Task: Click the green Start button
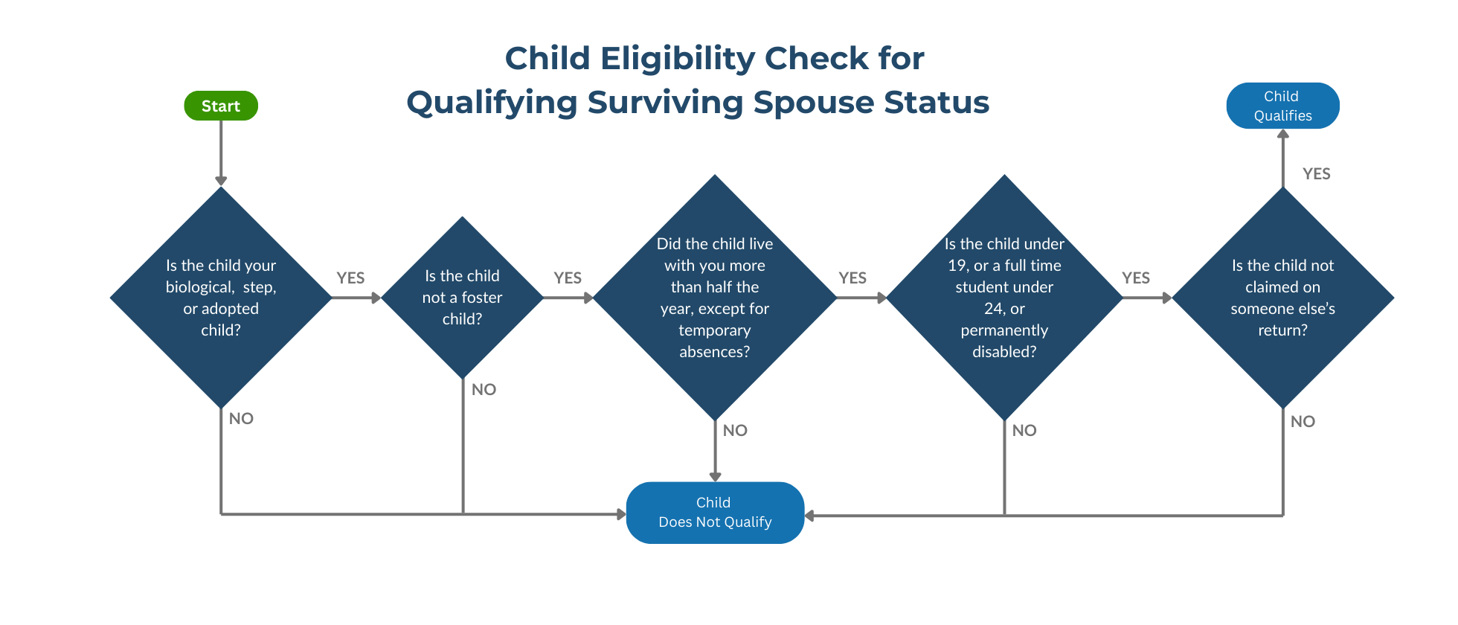[221, 106]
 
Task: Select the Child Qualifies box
[1282, 106]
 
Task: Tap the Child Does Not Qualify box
[715, 513]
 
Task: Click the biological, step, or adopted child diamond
[221, 298]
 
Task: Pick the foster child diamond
[462, 298]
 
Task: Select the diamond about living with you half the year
[715, 298]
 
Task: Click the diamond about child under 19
[1004, 298]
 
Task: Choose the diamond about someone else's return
[1282, 298]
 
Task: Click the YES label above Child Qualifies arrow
[1316, 174]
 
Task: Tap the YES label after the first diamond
[350, 278]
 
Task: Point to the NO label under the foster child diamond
[484, 390]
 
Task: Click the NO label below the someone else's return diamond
[1303, 422]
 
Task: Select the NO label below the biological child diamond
[241, 419]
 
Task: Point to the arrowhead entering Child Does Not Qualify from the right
[809, 516]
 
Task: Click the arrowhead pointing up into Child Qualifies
[1282, 135]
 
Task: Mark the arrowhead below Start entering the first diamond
[221, 181]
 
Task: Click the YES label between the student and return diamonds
[1136, 278]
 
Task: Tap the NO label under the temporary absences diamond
[735, 431]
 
